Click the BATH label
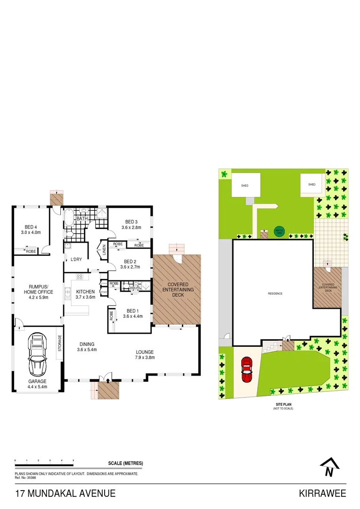tap(82, 219)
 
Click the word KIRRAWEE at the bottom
tap(322, 493)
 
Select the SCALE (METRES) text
tap(126, 464)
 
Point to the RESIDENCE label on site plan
tap(275, 294)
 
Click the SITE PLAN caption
tap(283, 404)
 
